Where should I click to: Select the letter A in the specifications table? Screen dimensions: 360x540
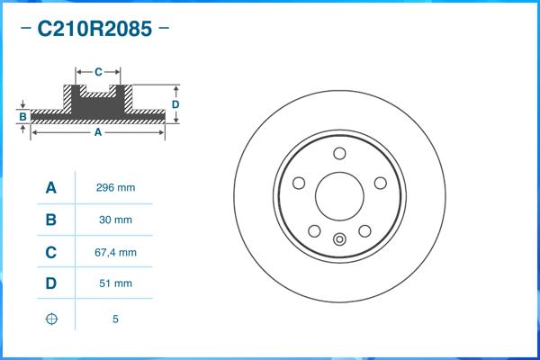pyautogui.click(x=51, y=188)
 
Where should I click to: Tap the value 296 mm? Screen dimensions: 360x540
pyautogui.click(x=115, y=188)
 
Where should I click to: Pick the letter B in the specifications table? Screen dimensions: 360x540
pyautogui.click(x=51, y=220)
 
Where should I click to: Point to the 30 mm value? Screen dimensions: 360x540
pyautogui.click(x=115, y=220)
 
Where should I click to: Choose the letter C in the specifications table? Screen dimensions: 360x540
pyautogui.click(x=51, y=253)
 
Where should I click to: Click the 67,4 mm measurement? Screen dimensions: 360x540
pyautogui.click(x=115, y=253)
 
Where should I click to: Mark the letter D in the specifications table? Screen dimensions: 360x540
pyautogui.click(x=51, y=284)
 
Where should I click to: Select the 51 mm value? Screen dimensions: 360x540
pyautogui.click(x=115, y=284)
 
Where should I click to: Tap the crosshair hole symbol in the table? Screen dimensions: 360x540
pyautogui.click(x=51, y=318)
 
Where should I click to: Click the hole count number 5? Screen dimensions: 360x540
pyautogui.click(x=115, y=319)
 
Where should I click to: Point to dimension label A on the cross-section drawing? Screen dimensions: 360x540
pyautogui.click(x=97, y=132)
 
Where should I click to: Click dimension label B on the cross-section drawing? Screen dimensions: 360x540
pyautogui.click(x=22, y=117)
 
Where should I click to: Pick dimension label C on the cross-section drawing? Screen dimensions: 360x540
pyautogui.click(x=97, y=70)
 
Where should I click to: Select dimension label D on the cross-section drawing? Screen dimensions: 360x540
pyautogui.click(x=176, y=104)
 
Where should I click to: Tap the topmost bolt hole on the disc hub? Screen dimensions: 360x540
pyautogui.click(x=339, y=153)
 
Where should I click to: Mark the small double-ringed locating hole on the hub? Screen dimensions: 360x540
pyautogui.click(x=339, y=238)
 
